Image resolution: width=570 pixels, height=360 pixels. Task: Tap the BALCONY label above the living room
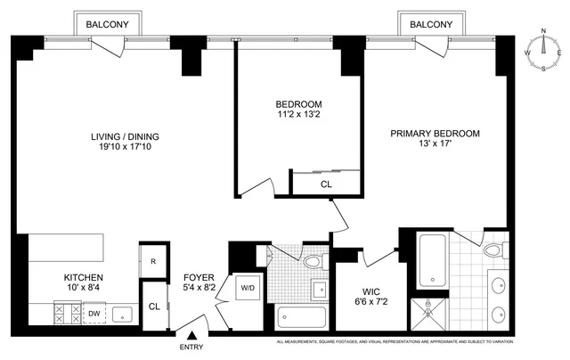(112, 26)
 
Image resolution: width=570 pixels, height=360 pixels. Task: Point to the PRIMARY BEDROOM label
(436, 134)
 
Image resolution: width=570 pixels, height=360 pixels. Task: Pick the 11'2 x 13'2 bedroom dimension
(299, 115)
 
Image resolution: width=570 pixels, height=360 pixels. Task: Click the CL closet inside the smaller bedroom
(325, 184)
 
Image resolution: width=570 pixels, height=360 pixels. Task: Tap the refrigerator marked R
(152, 260)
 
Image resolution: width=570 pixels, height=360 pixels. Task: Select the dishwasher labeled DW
(94, 314)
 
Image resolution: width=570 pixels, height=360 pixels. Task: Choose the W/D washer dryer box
(246, 288)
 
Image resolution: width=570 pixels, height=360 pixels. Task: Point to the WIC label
(371, 291)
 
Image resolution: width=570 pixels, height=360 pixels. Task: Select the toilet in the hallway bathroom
(311, 260)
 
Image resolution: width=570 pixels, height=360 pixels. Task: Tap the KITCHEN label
(83, 277)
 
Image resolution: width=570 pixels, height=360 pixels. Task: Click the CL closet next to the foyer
(153, 306)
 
